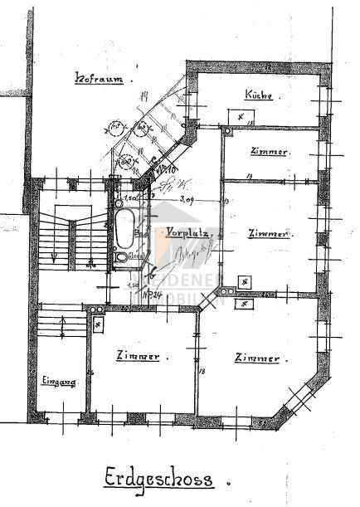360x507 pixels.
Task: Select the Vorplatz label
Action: [189, 233]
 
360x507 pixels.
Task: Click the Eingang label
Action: [58, 381]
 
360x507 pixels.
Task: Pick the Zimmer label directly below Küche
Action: [268, 153]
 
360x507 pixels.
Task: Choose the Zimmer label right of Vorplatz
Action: [270, 235]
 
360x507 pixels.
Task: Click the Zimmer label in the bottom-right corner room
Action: [256, 358]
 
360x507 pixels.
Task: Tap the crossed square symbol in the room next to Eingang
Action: [99, 324]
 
